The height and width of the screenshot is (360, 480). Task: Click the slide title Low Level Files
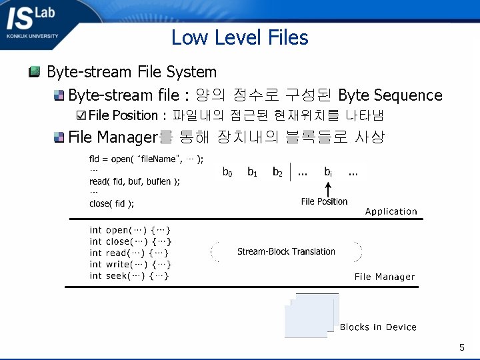239,37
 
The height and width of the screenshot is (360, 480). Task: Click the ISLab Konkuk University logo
32,23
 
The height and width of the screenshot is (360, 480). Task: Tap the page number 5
461,347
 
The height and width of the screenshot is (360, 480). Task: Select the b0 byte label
227,173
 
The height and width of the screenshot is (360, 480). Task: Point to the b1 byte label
253,173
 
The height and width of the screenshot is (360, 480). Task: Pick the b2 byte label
277,173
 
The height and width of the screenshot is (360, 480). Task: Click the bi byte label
328,173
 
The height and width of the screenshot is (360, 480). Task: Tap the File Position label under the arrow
324,201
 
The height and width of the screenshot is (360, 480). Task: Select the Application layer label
391,211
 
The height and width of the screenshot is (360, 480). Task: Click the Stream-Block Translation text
286,251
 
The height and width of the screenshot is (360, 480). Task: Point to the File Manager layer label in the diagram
384,277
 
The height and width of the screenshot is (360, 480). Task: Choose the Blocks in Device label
378,327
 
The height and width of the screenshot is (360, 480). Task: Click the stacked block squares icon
311,315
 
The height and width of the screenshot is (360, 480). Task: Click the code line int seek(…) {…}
129,275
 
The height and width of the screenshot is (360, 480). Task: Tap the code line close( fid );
111,203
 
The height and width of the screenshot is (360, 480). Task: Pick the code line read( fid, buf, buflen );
134,181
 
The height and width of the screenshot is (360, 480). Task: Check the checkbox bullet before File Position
81,115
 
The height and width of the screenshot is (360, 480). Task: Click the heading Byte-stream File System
131,72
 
